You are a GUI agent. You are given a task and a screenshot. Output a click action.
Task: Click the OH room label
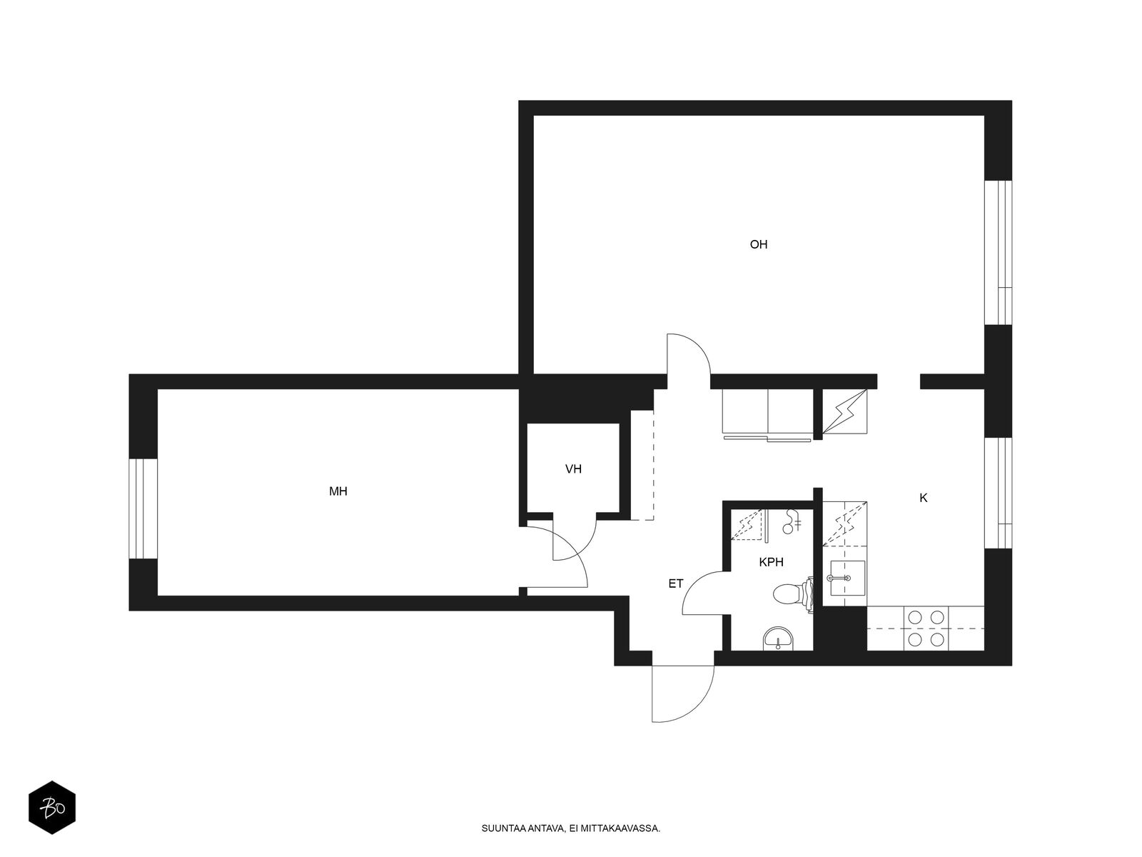[x=758, y=244]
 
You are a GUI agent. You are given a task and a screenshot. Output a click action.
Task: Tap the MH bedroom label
[x=338, y=491]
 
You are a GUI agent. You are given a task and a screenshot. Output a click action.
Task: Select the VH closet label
[x=573, y=468]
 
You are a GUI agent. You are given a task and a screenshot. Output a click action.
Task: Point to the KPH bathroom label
[x=771, y=562]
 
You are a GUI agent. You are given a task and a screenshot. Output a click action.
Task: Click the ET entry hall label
[x=675, y=583]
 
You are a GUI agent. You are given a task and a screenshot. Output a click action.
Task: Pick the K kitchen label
[x=924, y=498]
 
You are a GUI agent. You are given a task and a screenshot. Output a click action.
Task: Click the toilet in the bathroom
[x=793, y=593]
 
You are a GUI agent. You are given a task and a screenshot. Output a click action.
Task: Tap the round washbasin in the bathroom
[x=778, y=638]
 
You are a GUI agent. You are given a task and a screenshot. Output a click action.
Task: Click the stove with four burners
[x=926, y=628]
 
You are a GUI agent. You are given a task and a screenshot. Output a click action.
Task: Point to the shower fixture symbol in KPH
[x=792, y=521]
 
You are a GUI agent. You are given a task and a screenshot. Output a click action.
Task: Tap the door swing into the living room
[x=689, y=354]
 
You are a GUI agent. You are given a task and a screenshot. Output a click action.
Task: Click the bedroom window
[x=143, y=508]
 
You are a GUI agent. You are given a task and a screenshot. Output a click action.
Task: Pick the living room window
[x=998, y=252]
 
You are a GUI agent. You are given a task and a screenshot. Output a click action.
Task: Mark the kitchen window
[x=998, y=493]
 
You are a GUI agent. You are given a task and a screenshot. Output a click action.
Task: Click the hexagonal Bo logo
[x=52, y=808]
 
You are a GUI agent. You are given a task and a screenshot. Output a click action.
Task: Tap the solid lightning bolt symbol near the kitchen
[x=844, y=411]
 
